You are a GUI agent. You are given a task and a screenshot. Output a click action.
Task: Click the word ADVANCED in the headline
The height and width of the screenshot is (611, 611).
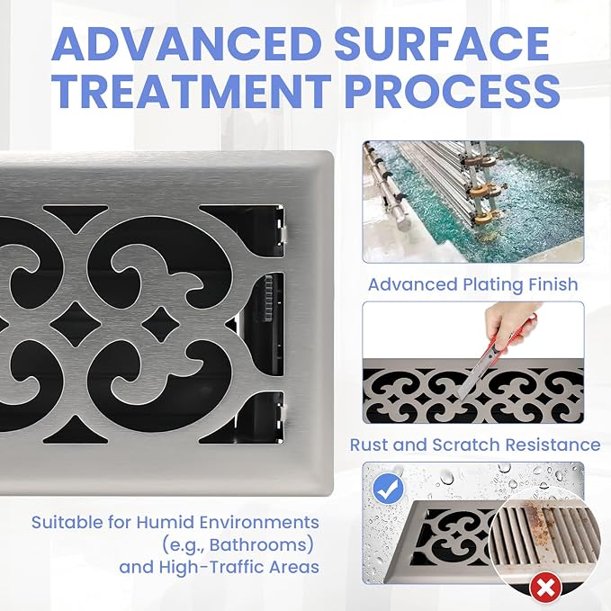pyautogui.click(x=186, y=43)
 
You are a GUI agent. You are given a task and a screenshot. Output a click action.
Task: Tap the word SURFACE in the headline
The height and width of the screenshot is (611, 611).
pyautogui.click(x=442, y=43)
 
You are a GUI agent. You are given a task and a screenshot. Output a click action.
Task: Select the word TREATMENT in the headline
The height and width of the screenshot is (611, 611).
pyautogui.click(x=192, y=92)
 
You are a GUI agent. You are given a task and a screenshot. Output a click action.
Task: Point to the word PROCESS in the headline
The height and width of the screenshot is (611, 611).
pyautogui.click(x=453, y=92)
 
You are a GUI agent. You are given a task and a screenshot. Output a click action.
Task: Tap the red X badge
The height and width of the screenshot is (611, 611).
pyautogui.click(x=545, y=588)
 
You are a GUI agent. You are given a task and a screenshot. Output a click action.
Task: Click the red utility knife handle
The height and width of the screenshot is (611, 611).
pyautogui.click(x=512, y=336)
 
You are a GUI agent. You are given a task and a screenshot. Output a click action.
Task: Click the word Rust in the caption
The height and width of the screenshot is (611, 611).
pyautogui.click(x=369, y=445)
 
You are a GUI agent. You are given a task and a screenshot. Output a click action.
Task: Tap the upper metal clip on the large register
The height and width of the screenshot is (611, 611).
pyautogui.click(x=283, y=232)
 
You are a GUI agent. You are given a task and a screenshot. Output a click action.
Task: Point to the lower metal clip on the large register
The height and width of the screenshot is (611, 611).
pyautogui.click(x=283, y=415)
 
